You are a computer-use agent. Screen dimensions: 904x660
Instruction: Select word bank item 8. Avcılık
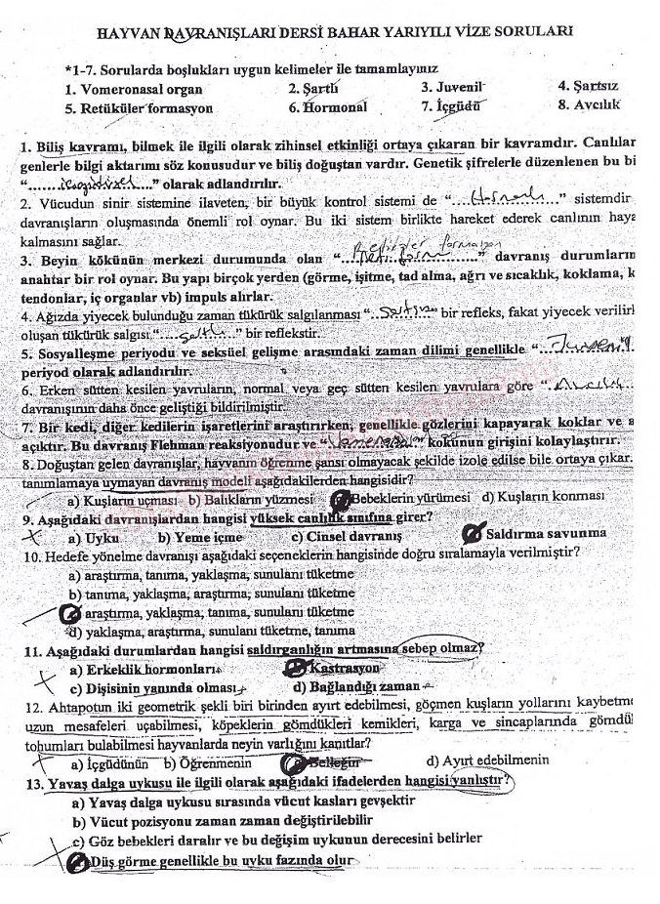pyautogui.click(x=589, y=103)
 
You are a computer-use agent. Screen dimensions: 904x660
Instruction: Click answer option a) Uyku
pyautogui.click(x=93, y=537)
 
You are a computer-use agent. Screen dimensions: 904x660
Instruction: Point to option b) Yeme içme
pyautogui.click(x=200, y=537)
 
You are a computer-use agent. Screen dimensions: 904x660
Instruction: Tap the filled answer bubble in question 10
pyautogui.click(x=70, y=613)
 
